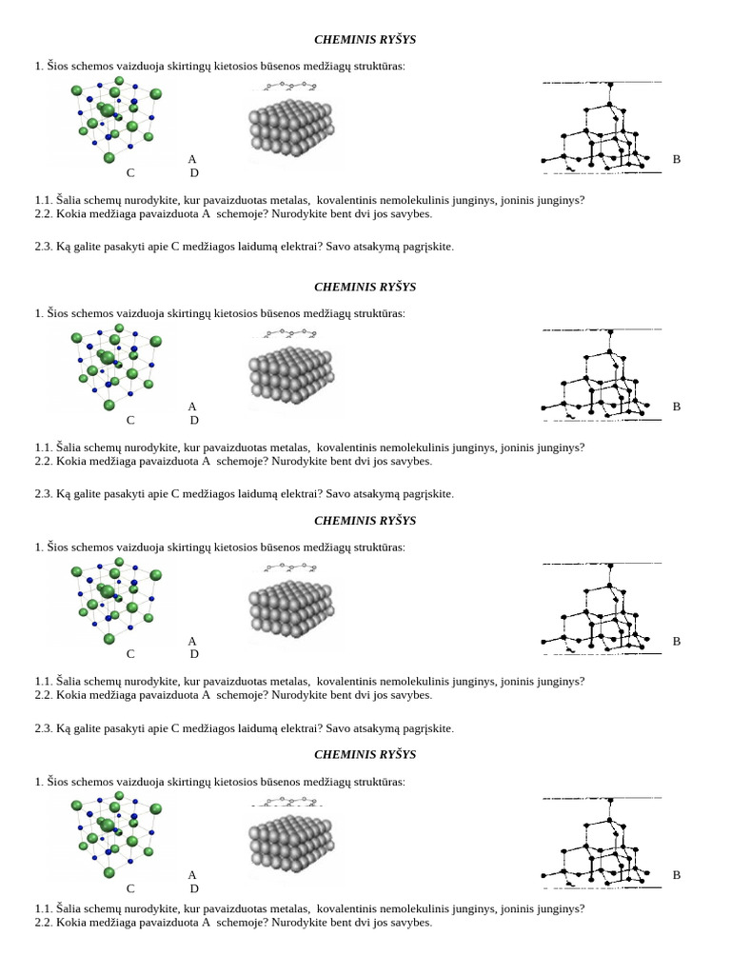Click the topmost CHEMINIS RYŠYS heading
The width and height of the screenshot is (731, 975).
365,40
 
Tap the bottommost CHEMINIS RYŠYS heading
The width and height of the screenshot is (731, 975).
365,755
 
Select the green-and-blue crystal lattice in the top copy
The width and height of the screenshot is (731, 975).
116,120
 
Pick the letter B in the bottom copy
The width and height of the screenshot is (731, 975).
677,875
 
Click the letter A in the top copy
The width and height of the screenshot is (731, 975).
192,159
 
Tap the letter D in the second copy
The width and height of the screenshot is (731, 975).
194,420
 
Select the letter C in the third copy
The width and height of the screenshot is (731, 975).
130,654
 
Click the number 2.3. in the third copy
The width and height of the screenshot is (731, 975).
44,728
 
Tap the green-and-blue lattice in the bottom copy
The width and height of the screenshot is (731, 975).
116,835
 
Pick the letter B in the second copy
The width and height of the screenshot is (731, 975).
677,407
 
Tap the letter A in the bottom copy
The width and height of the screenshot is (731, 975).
192,875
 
